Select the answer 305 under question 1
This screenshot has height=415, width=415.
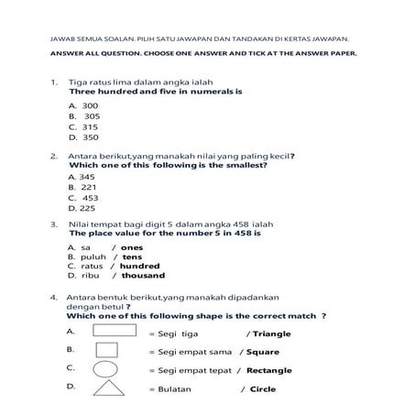coord(92,116)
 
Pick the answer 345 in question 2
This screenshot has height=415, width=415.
coord(87,176)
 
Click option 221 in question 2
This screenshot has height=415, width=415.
coord(89,186)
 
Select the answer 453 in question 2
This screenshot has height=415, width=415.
coord(91,197)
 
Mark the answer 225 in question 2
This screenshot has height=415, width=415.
coord(88,207)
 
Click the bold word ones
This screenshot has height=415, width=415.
coord(132,247)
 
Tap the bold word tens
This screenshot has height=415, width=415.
coord(132,257)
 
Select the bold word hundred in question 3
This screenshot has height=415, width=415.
coord(139,267)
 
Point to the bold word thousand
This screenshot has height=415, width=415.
coord(143,276)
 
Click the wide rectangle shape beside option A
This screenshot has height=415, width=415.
coord(114,331)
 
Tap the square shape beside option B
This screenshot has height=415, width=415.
coord(108,350)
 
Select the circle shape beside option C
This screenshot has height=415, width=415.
coord(108,369)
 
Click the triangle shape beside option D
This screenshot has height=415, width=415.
coord(109,388)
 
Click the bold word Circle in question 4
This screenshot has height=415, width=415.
coord(263,389)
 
